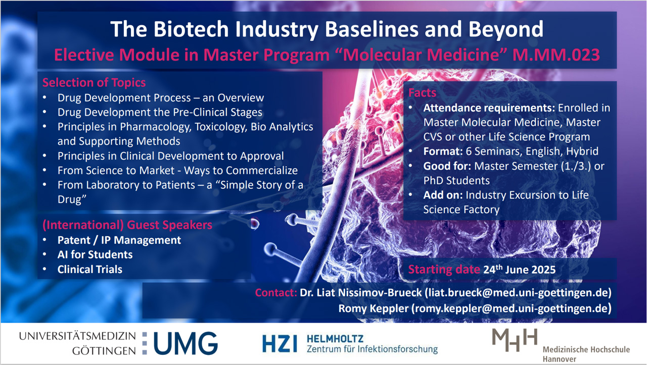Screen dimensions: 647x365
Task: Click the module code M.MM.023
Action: coord(556,55)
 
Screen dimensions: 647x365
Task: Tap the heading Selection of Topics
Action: coord(94,82)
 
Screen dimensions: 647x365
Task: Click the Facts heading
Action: coord(422,92)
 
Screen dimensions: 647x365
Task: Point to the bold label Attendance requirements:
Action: coord(489,108)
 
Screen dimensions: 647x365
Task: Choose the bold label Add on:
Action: coord(443,195)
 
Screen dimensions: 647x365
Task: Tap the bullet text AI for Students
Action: coord(95,254)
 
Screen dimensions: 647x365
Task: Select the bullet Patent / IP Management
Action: coord(119,240)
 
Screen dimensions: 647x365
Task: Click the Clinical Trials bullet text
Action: coord(90,269)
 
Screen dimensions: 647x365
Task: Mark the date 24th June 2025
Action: coord(519,269)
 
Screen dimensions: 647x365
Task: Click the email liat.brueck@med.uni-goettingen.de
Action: coord(519,293)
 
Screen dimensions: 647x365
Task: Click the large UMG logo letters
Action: coord(186,343)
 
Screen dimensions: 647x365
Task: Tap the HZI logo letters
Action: coord(280,343)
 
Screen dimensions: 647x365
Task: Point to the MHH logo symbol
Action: coord(515,340)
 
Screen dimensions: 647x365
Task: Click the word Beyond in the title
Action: coord(505,29)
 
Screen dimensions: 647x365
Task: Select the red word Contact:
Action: coord(276,293)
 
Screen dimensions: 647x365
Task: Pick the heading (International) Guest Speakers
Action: coord(127,225)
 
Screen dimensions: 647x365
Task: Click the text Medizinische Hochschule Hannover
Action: coord(586,354)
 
